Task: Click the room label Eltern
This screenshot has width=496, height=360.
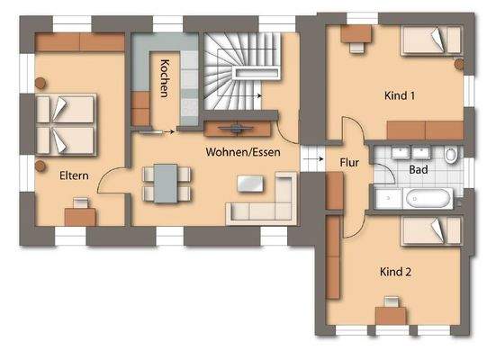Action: [x=74, y=175]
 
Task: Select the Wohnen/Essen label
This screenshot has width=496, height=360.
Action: [x=242, y=152]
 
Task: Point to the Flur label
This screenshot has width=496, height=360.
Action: [x=350, y=163]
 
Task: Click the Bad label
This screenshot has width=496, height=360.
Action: [x=419, y=169]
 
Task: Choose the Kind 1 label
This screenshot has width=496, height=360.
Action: [x=399, y=94]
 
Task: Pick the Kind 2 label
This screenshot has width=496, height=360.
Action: [x=396, y=270]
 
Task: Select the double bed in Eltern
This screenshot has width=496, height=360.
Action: [x=65, y=124]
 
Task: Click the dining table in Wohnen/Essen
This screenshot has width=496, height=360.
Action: [x=166, y=183]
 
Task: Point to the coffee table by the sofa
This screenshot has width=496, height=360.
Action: [x=250, y=183]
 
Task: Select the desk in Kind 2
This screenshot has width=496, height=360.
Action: [x=389, y=315]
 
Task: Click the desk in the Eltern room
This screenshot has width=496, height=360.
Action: [x=79, y=214]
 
